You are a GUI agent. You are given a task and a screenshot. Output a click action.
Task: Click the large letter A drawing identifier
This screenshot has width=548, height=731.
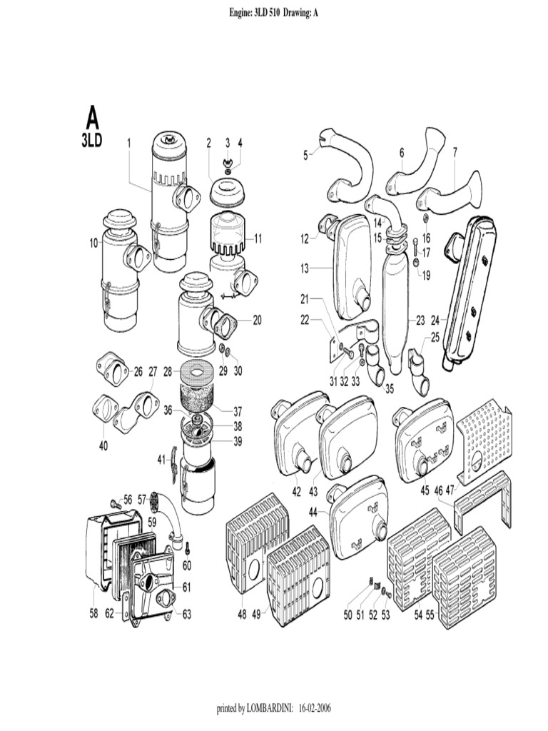[92, 117]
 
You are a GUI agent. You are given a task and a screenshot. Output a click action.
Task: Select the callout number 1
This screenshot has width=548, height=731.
[129, 143]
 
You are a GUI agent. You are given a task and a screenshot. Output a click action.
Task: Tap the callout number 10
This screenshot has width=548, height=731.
[93, 243]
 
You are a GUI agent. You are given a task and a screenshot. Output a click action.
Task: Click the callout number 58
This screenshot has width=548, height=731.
[93, 613]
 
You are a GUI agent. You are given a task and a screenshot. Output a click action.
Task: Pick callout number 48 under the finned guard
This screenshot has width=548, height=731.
[242, 613]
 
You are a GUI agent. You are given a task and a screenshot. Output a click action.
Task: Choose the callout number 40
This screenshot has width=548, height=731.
[103, 446]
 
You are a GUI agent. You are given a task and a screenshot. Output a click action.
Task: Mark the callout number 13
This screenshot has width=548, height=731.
[304, 268]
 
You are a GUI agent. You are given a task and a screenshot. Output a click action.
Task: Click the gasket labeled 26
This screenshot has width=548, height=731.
[113, 368]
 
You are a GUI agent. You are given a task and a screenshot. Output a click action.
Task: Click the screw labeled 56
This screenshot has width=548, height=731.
[114, 504]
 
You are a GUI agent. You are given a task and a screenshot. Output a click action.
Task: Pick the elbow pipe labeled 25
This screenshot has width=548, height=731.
[418, 371]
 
